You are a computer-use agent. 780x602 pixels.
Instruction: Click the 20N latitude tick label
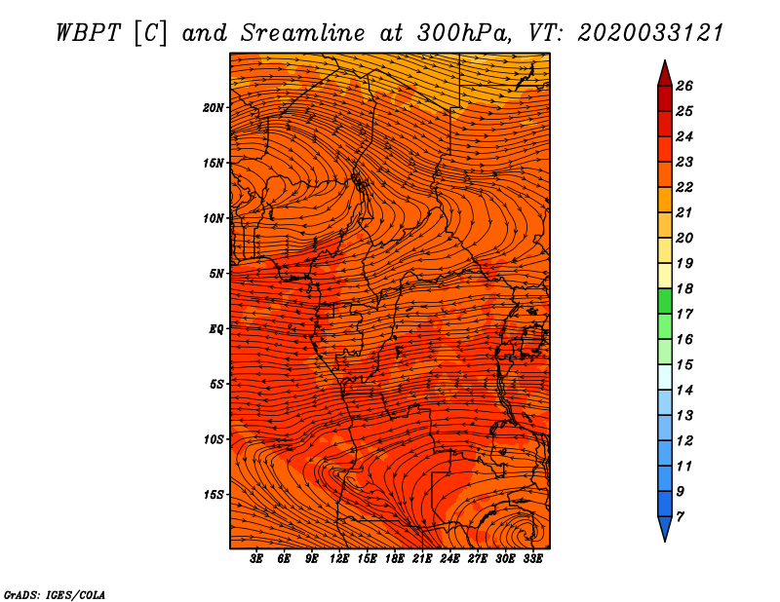[x=214, y=108]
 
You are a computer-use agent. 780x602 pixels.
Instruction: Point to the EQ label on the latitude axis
[x=216, y=329]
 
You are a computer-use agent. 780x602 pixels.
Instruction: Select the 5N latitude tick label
[x=216, y=274]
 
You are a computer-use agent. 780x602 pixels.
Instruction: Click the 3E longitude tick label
[x=256, y=559]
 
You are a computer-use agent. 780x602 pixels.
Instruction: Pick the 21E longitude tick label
[x=422, y=559]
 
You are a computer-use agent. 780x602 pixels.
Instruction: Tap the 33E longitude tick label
[x=532, y=559]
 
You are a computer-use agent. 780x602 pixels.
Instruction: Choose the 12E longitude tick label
[x=338, y=559]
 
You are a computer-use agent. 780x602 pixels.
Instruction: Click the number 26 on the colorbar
[x=684, y=86]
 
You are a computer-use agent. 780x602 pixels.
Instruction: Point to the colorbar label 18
[x=684, y=288]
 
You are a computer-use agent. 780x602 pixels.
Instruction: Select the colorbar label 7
[x=680, y=517]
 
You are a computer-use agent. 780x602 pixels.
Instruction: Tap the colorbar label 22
[x=684, y=187]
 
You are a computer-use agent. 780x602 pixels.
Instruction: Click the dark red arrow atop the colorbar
[x=665, y=75]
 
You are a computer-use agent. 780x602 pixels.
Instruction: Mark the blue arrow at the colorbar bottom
[x=665, y=527]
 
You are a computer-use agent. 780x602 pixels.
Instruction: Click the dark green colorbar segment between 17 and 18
[x=665, y=301]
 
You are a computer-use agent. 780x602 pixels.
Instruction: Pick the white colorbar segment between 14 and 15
[x=665, y=377]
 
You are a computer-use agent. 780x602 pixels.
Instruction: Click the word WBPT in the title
[x=88, y=34]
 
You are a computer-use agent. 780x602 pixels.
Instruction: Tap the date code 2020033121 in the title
[x=650, y=34]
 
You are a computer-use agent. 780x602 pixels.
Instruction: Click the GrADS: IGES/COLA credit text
[x=55, y=595]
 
